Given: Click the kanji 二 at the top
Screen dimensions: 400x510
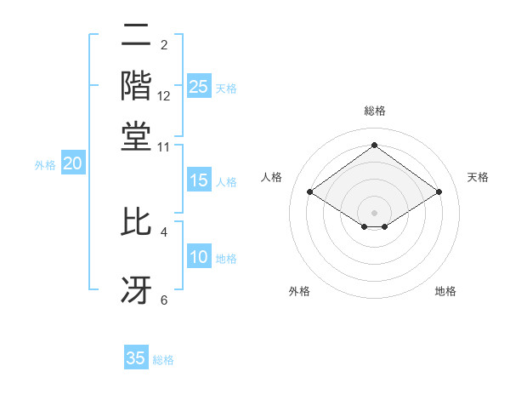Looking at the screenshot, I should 136,36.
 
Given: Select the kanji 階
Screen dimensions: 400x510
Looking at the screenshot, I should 136,85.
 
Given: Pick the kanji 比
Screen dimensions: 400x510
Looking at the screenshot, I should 136,220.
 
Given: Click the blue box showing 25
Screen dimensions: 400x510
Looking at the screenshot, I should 199,87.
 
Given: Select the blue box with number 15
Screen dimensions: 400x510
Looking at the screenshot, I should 199,180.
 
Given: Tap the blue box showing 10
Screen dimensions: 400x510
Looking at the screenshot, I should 199,258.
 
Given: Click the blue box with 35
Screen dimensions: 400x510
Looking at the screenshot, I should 136,358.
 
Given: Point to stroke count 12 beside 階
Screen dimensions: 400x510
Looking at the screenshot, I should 164,96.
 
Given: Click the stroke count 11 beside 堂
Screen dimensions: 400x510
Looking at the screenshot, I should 164,146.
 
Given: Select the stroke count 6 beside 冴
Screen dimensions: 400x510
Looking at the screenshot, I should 164,300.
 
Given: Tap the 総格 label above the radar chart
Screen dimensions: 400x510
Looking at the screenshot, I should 375,111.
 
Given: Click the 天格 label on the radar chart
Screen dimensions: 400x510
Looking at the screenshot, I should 478,177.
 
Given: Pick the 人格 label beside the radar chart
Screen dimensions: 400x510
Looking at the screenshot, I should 272,177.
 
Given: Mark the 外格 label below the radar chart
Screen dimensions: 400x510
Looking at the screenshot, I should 299,292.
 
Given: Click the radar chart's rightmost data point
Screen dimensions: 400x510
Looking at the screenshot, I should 439,192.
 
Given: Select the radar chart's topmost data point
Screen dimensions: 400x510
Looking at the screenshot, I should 374,146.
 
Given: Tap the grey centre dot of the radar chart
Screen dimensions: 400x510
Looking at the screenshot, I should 374,211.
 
